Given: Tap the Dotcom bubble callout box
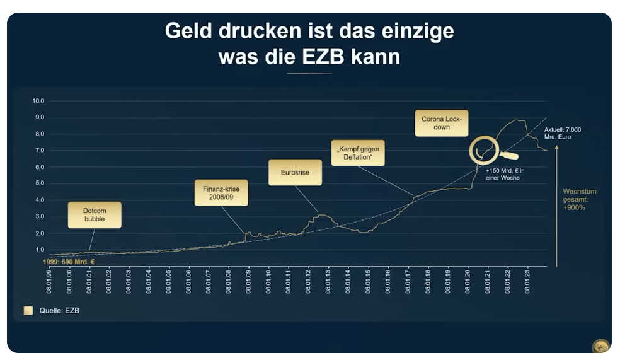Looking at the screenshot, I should pyautogui.click(x=95, y=215).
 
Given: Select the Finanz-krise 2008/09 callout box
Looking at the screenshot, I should pyautogui.click(x=221, y=193).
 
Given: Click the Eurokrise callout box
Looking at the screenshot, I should pyautogui.click(x=295, y=172).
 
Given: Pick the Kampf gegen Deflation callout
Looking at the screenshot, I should pyautogui.click(x=357, y=153).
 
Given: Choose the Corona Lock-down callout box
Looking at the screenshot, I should pyautogui.click(x=441, y=122).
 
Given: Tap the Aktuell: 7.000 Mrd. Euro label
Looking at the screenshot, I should pyautogui.click(x=563, y=134).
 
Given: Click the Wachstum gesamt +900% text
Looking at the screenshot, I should pyautogui.click(x=579, y=199).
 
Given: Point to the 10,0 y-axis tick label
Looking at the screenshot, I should pyautogui.click(x=38, y=101).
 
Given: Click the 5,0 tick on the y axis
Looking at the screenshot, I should pyautogui.click(x=38, y=183).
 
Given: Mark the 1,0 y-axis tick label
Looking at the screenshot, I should pyautogui.click(x=38, y=250).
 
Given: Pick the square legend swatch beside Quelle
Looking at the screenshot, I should pyautogui.click(x=28, y=310).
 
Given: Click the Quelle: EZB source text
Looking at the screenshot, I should pyautogui.click(x=60, y=310).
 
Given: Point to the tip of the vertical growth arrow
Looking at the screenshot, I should pyautogui.click(x=557, y=146).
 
